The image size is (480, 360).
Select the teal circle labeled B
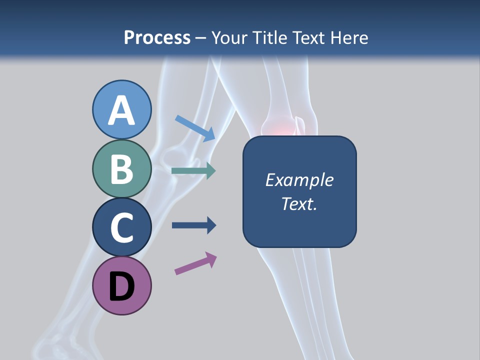point(122,169)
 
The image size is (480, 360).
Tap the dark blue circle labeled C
point(122,227)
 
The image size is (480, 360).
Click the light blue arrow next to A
point(195,128)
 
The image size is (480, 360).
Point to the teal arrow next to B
point(193,171)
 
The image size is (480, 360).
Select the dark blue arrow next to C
point(193,225)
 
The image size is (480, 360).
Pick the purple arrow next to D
point(195,264)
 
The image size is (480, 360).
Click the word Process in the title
point(157,37)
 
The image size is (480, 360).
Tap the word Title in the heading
point(269,37)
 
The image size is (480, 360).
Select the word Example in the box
point(299,180)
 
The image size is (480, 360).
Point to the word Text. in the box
point(299,203)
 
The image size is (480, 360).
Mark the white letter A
point(122,110)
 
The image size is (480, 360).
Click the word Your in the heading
point(229,37)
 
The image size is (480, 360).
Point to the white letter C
point(122,227)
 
